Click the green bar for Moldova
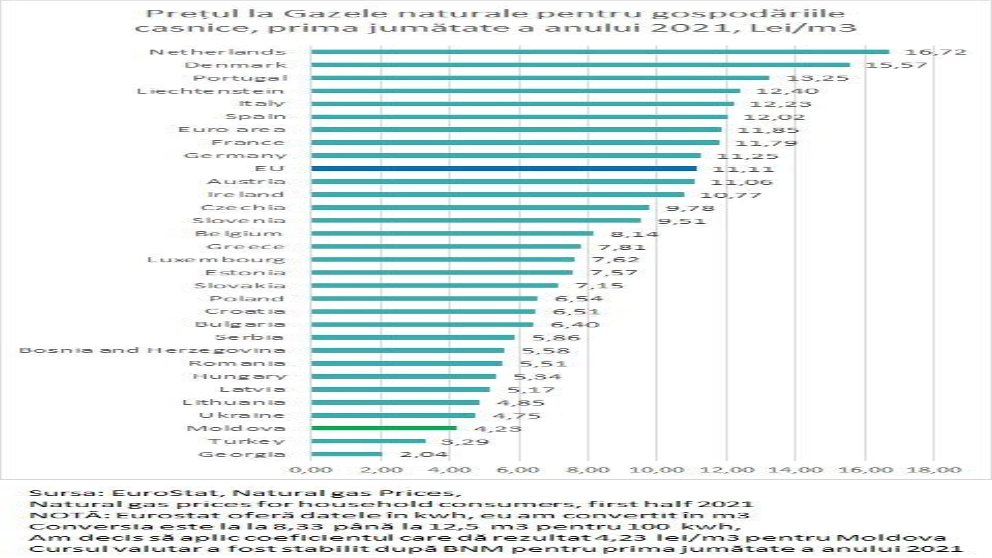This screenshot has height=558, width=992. click(x=384, y=428)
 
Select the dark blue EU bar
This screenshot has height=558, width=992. click(x=503, y=168)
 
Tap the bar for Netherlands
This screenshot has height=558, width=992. click(x=600, y=51)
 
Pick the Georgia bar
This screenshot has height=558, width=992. click(x=347, y=454)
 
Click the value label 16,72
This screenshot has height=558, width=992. click(x=936, y=52)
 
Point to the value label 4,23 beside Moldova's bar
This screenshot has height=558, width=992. click(x=498, y=428)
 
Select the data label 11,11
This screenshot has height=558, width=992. click(x=743, y=169)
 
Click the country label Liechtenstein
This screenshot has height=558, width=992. click(x=211, y=91)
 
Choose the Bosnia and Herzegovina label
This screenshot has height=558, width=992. click(x=153, y=350)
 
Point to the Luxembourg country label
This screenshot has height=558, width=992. click(x=216, y=259)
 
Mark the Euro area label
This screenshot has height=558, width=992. click(x=232, y=130)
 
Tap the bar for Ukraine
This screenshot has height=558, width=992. click(x=393, y=415)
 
